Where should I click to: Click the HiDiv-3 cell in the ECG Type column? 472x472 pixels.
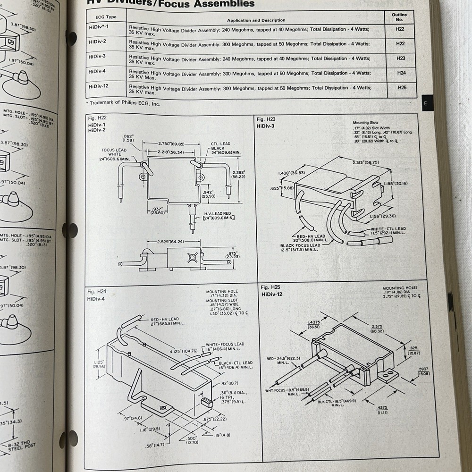click(98, 56)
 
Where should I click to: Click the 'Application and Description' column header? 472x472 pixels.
click(256, 20)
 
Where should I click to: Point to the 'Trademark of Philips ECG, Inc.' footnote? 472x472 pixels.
click(124, 103)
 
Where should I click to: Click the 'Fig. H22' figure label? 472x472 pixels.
click(97, 118)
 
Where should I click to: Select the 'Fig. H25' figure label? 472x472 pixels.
click(272, 287)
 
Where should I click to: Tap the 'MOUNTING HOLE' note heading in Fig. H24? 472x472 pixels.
click(222, 292)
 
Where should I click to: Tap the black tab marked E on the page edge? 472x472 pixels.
click(425, 103)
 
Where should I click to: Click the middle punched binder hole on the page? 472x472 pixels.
click(70, 230)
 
